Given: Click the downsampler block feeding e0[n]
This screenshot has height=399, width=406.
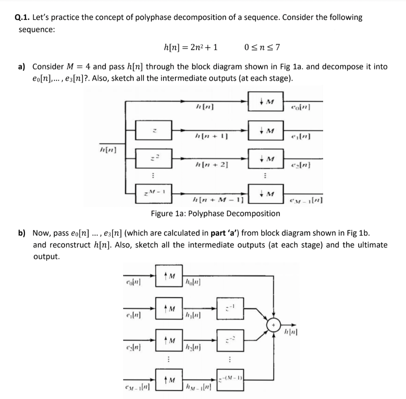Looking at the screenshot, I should [266, 102].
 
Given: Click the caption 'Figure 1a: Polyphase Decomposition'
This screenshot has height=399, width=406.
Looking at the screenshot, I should [215, 214].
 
